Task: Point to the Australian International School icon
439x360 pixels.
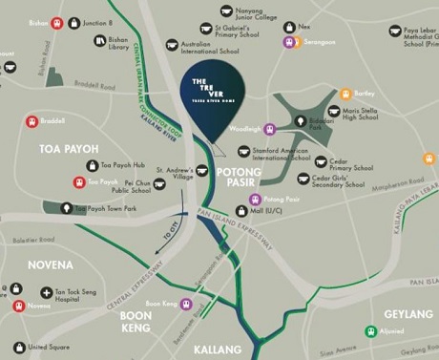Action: (173, 45)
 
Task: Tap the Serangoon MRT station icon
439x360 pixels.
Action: (287, 41)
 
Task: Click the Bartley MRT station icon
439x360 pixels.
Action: (346, 95)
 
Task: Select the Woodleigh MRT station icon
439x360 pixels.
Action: (270, 129)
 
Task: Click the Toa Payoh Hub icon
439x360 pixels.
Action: (93, 164)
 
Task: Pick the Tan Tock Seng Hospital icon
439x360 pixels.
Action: (47, 293)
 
